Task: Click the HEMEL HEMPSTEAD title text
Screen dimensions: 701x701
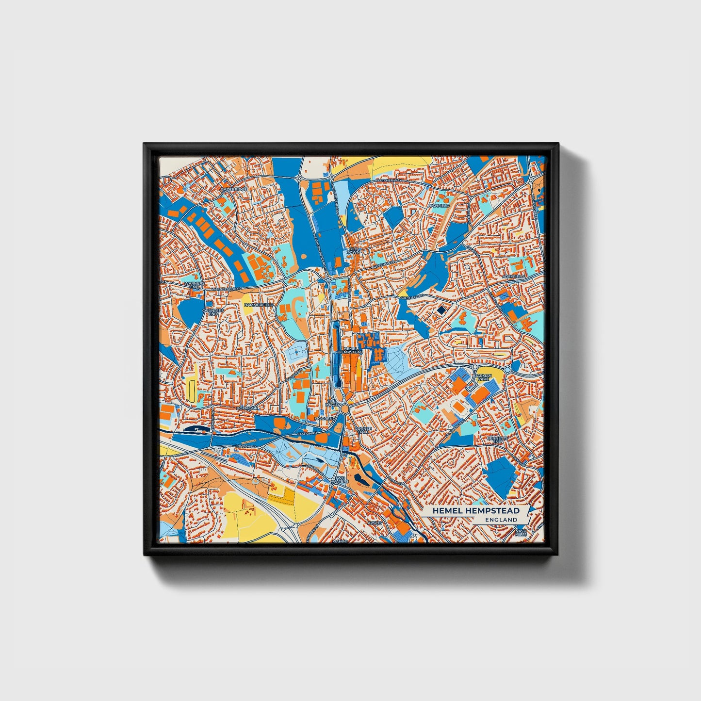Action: pos(475,510)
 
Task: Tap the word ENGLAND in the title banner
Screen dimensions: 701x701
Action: pos(501,520)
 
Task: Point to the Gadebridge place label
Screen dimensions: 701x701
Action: pos(234,189)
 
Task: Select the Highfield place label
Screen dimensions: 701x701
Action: pos(439,206)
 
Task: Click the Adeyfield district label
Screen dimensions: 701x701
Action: pos(514,277)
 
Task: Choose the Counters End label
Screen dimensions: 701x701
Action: pos(213,312)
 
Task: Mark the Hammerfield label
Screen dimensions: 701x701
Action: pos(259,305)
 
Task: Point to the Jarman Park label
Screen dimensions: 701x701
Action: pos(484,377)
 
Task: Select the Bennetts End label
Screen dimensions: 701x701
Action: pos(498,440)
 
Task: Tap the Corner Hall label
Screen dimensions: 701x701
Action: pos(363,430)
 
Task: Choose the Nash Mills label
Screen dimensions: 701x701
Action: pos(521,532)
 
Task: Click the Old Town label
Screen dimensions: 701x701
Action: pos(354,251)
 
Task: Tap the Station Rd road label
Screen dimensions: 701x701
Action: pos(307,433)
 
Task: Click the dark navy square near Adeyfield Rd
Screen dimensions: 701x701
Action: pos(441,310)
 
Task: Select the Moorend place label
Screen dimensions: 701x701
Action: pos(325,418)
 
